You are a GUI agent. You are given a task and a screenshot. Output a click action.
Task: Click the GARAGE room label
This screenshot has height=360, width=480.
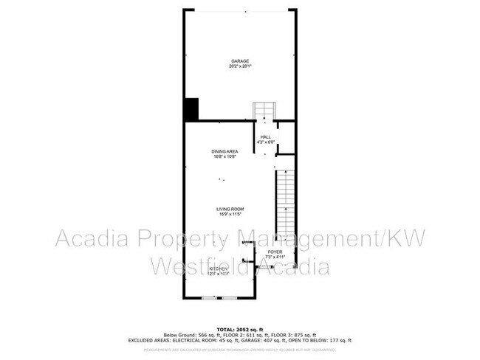[x=239, y=61]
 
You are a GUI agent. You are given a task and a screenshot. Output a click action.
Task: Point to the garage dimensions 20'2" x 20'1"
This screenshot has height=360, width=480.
[x=239, y=66]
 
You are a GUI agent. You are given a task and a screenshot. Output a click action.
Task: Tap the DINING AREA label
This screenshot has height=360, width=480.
[x=225, y=151]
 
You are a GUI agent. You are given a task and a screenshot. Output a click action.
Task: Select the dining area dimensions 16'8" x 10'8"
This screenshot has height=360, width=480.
[x=225, y=156]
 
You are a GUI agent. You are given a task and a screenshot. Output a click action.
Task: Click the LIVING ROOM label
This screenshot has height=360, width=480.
[x=230, y=210]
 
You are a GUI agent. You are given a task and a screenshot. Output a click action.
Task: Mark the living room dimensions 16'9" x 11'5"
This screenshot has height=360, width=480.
[x=230, y=215]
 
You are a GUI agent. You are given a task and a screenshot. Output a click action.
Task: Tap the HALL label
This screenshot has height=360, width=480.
[x=264, y=136]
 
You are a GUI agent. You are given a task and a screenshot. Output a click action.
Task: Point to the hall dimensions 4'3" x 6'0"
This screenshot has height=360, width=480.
[x=264, y=142]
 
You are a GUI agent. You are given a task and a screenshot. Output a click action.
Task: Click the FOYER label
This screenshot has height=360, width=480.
[x=274, y=252]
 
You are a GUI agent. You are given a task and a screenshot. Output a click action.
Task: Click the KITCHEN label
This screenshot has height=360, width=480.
[x=219, y=269]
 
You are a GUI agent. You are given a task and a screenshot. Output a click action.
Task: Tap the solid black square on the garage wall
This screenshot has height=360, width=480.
[x=191, y=109]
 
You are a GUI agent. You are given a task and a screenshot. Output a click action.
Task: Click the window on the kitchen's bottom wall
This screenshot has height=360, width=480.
[x=219, y=298]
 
